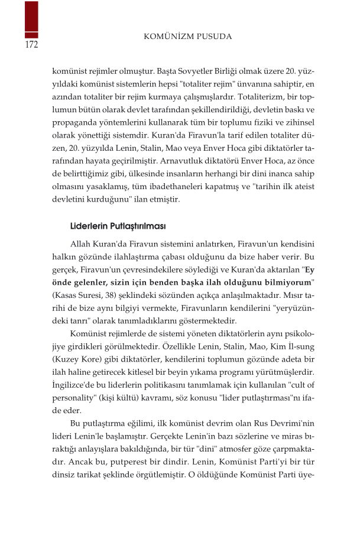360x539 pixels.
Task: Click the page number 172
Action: pyautogui.click(x=31, y=45)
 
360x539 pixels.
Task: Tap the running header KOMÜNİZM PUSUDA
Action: pyautogui.click(x=188, y=37)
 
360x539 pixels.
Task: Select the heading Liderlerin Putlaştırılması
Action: pyautogui.click(x=118, y=226)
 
